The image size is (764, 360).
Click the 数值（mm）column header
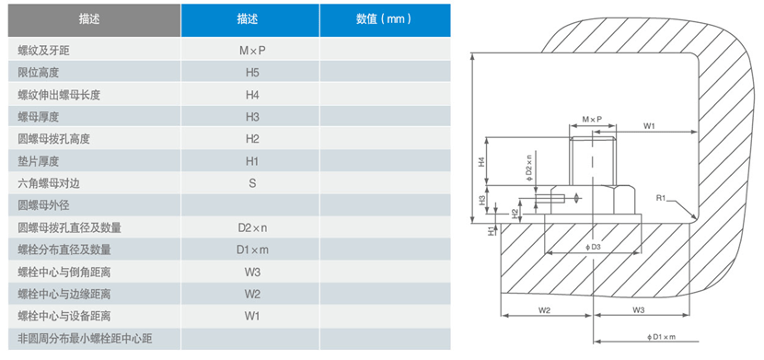coord(385,18)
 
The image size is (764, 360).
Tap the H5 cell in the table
coord(251,72)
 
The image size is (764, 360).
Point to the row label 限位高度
coord(38,72)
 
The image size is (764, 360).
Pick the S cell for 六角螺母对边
coord(251,183)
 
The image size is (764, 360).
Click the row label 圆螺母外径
coord(44,205)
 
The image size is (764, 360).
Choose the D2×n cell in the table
coord(251,227)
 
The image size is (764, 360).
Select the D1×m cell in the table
coord(251,250)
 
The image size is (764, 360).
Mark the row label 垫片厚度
coord(38,161)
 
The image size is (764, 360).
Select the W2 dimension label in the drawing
coord(544,310)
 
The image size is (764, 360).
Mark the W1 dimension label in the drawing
coord(648,124)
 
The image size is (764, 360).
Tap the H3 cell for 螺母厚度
coord(251,116)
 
